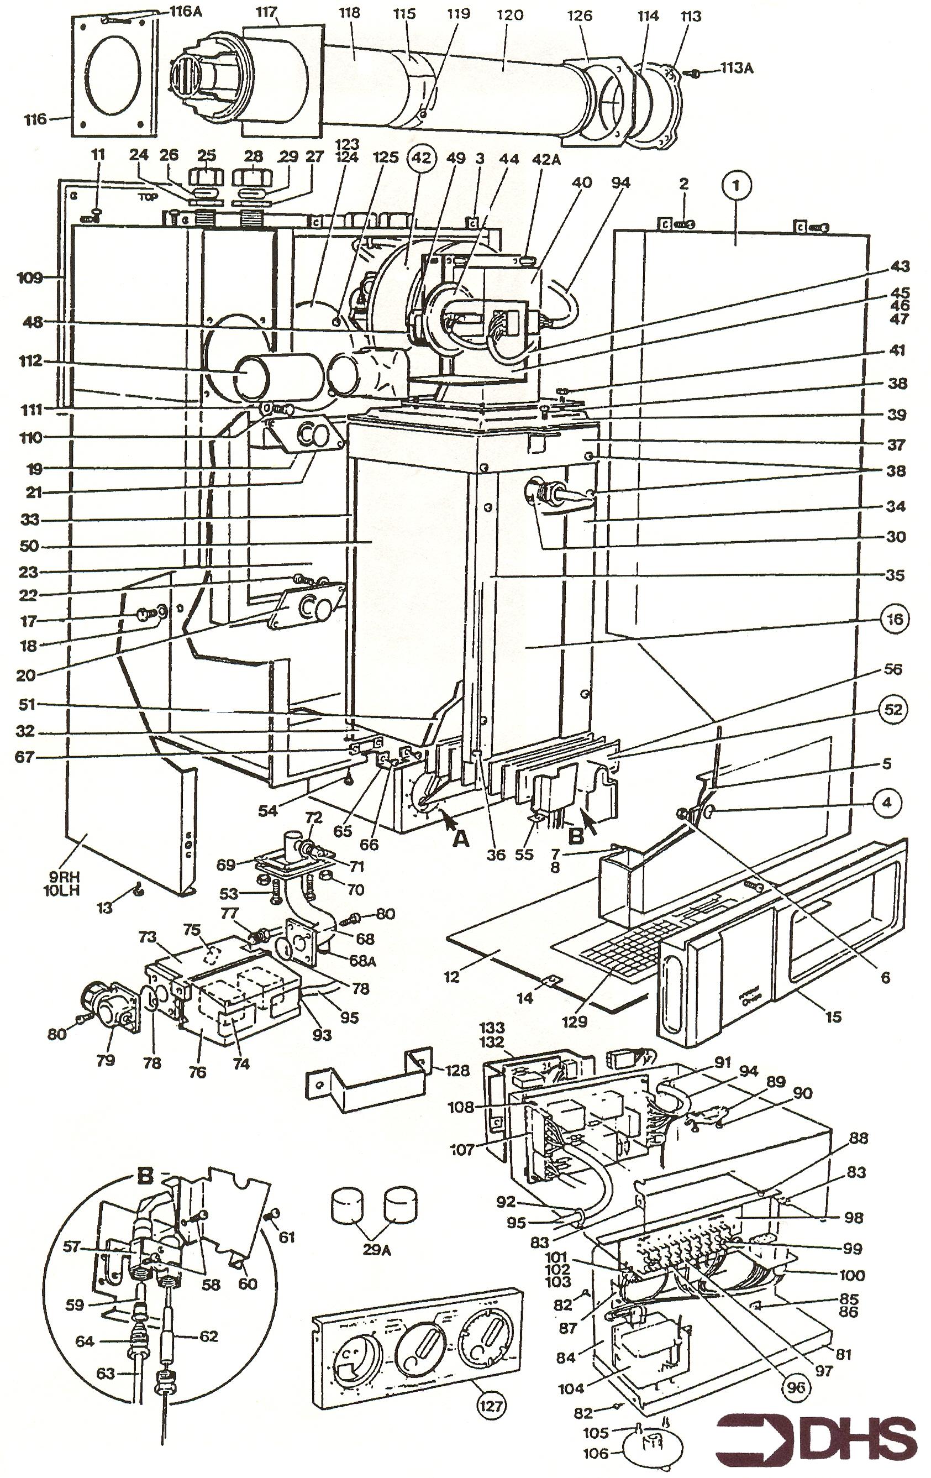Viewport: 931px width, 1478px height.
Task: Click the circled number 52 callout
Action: [x=893, y=709]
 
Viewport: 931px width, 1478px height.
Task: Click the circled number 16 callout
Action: [x=894, y=619]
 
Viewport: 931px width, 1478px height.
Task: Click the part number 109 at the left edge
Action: [x=30, y=278]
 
